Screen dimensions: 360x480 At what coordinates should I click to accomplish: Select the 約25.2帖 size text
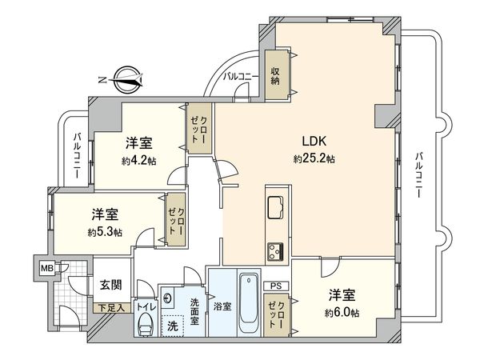click(313, 159)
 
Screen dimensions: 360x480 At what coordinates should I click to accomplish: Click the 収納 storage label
click(275, 74)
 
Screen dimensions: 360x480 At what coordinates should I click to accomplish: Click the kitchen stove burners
click(275, 250)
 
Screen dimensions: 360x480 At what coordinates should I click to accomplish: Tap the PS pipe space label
click(275, 284)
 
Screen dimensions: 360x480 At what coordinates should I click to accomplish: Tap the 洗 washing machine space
click(171, 325)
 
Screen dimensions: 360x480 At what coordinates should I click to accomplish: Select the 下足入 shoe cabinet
click(110, 307)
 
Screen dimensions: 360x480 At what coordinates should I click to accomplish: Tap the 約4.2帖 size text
click(138, 160)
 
